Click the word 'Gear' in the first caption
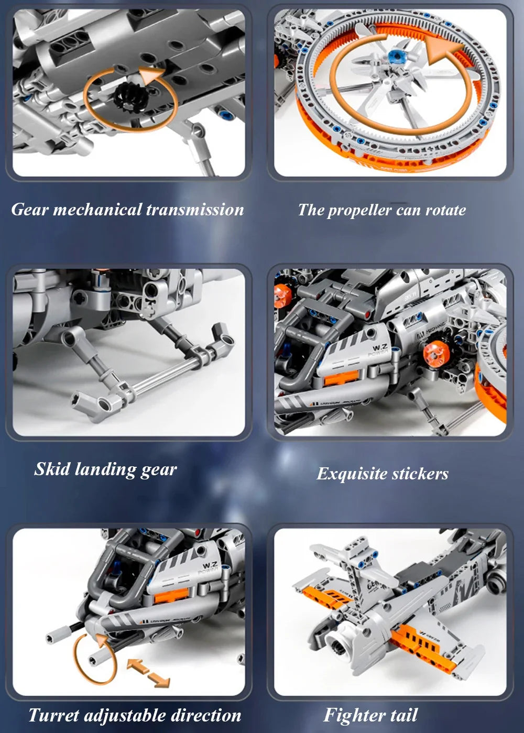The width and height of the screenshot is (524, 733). (x=30, y=210)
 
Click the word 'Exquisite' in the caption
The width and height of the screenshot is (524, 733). (x=352, y=474)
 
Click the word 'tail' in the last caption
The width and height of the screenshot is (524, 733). (x=403, y=715)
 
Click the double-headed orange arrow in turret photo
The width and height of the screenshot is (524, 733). (x=148, y=673)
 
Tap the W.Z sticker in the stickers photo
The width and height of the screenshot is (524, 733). (x=379, y=348)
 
